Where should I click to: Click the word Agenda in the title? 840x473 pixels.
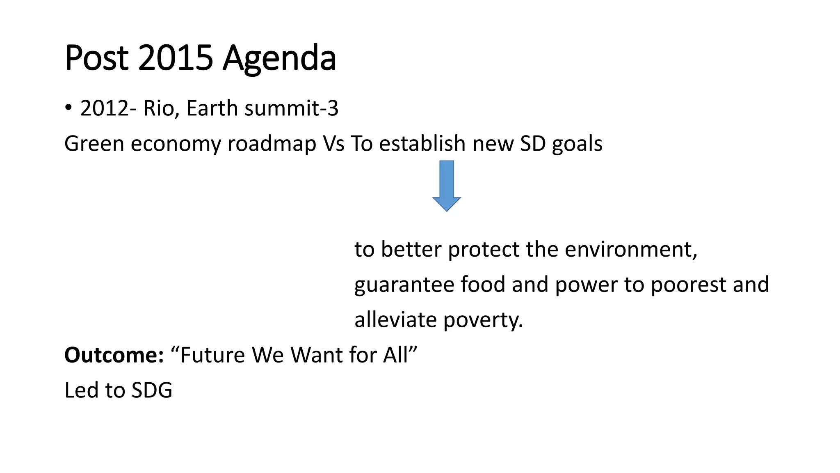[x=279, y=58]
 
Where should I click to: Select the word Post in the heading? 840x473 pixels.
[x=97, y=58]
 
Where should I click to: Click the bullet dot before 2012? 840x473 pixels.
[x=68, y=108]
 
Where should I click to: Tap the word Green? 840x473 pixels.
[x=94, y=144]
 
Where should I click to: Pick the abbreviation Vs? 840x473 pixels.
[x=333, y=144]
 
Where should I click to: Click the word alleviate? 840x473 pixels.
[x=395, y=320]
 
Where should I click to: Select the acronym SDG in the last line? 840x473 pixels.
[x=151, y=390]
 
